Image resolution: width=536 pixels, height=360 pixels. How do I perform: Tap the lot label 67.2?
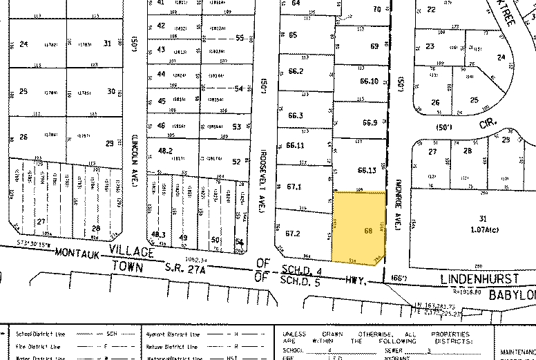click(x=296, y=234)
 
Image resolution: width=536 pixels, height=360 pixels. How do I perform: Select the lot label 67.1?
click(x=296, y=187)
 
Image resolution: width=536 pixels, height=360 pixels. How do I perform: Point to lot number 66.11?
click(x=296, y=145)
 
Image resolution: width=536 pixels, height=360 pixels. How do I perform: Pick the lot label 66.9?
click(x=370, y=123)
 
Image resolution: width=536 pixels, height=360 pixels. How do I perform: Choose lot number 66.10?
click(x=370, y=81)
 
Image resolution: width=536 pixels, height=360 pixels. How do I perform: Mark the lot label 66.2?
click(x=296, y=71)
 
